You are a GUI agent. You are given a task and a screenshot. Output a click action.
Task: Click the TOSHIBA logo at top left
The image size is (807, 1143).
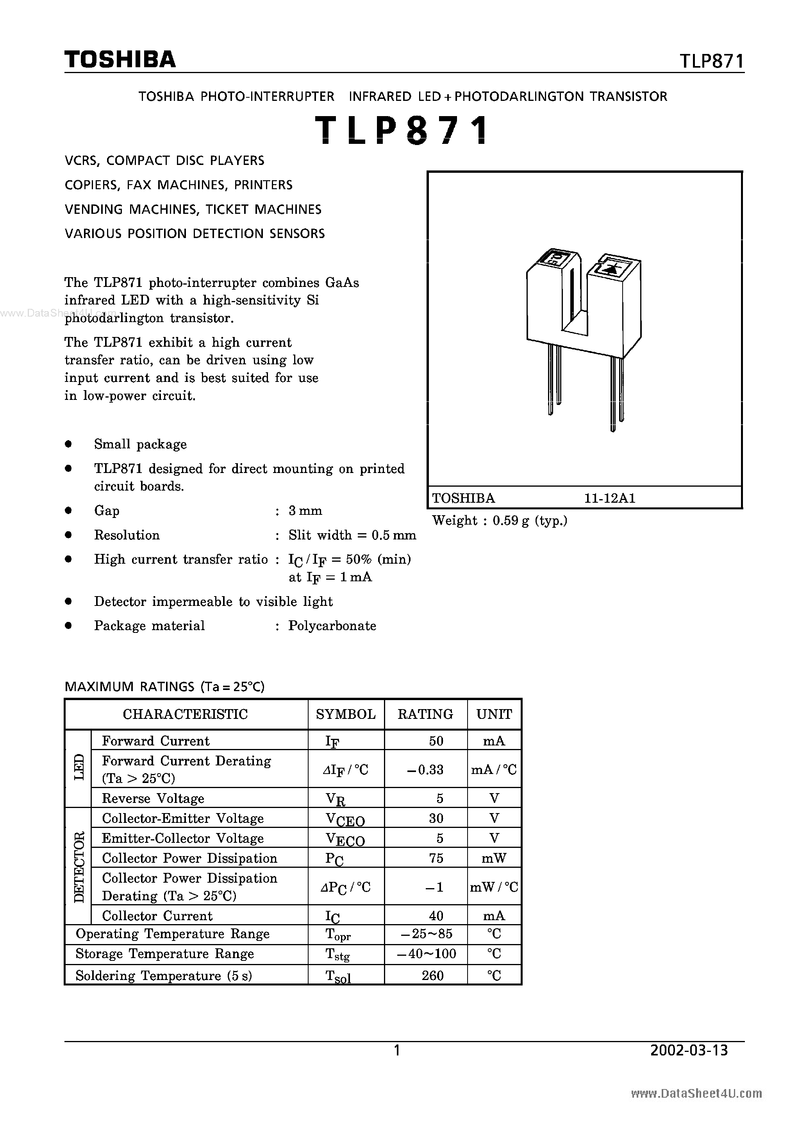120,60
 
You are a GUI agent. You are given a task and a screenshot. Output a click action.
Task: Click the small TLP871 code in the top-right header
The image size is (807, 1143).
711,61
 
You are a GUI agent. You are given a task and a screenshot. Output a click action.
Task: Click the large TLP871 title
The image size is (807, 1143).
402,131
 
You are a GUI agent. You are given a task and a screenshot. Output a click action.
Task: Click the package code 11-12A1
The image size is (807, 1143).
609,498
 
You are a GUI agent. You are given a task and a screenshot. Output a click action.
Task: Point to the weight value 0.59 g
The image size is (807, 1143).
511,521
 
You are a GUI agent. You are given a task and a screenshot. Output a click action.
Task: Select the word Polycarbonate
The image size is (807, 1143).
332,626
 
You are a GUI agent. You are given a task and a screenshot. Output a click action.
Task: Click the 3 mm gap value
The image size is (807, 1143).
305,511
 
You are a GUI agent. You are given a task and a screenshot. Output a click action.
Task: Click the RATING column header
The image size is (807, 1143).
425,715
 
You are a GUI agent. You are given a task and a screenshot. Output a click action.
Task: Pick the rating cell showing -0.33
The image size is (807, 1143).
425,770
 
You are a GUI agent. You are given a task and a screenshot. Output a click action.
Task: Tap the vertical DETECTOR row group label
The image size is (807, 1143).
79,866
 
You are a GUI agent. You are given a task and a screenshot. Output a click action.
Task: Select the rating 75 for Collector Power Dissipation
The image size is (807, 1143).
436,858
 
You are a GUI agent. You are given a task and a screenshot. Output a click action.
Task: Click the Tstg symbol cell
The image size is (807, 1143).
337,954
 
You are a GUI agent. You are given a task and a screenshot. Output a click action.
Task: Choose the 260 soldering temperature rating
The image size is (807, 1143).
432,976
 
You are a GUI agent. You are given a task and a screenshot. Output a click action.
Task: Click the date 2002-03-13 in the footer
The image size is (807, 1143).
689,1050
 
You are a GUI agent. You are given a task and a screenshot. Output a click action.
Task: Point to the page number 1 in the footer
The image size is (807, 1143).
396,1050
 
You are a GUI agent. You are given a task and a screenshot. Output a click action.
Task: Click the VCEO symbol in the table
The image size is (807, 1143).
345,819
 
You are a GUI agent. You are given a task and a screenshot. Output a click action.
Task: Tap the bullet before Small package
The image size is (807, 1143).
69,444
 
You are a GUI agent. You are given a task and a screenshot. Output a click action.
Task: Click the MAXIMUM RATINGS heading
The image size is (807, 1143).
164,687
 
